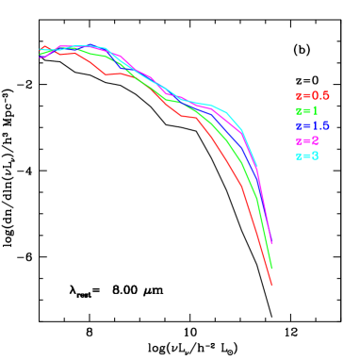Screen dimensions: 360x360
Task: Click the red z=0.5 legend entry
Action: tap(312, 95)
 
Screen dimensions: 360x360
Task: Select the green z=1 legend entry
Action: tap(306, 110)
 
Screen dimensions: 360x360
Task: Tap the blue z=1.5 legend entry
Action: tap(312, 125)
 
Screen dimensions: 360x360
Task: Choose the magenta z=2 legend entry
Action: tap(306, 140)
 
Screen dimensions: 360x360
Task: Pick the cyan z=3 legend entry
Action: tap(306, 155)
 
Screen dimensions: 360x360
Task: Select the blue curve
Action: tap(247, 149)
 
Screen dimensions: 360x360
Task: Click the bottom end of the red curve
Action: tap(271, 284)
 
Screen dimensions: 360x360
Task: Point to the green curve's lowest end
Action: tap(271, 268)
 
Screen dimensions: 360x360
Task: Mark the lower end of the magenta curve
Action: tap(271, 243)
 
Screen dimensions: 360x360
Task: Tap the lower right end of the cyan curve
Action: tap(257, 166)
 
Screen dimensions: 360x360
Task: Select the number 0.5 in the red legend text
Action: tap(320, 95)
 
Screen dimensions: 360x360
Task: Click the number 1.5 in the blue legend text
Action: tap(320, 125)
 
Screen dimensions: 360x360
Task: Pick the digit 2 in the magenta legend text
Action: tap(315, 140)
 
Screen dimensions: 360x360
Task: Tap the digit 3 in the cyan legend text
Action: tap(315, 155)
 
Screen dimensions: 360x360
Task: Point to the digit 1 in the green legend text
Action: tap(315, 110)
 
